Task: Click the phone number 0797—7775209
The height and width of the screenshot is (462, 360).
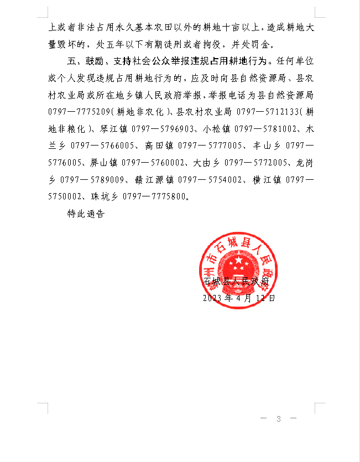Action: tap(76, 112)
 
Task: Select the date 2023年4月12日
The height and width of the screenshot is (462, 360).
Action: tap(239, 298)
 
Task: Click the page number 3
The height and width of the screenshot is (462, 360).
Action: tap(279, 419)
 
